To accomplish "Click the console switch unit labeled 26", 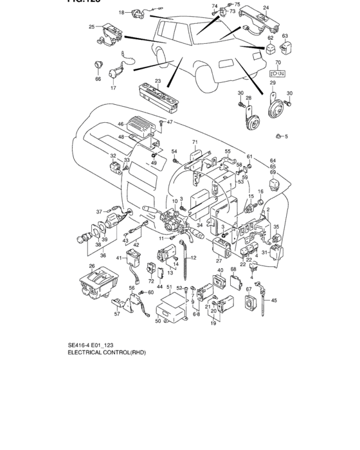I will point(98,282).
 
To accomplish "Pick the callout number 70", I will point(278,63).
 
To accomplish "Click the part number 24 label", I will point(266,8).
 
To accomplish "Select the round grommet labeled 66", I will point(98,64).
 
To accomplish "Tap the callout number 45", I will point(274,300).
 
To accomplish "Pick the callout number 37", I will point(100,211).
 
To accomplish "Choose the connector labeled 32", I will point(116,169).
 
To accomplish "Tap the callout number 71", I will point(194,141).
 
